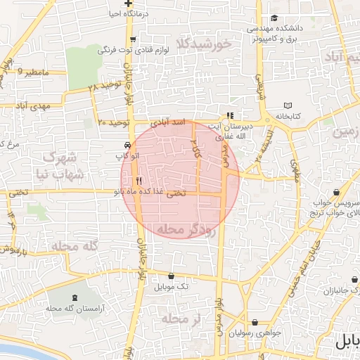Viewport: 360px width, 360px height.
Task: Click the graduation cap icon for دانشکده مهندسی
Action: pos(274,19)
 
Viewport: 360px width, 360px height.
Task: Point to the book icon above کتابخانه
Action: pos(288,105)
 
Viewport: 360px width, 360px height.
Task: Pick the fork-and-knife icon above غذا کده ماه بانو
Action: pos(139,180)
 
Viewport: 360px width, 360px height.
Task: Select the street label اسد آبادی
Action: pos(170,122)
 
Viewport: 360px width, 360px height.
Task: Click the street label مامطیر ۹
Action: pos(35,72)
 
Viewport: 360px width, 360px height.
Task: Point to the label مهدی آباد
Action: pos(29,106)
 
